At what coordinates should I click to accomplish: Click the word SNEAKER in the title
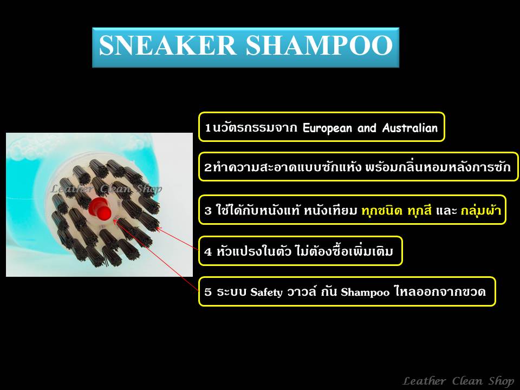pyautogui.click(x=167, y=45)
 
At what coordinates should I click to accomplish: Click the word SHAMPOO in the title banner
pyautogui.click(x=320, y=45)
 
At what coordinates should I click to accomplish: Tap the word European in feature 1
pyautogui.click(x=327, y=128)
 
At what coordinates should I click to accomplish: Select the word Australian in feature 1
pyautogui.click(x=410, y=128)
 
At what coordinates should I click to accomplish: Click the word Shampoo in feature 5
pyautogui.click(x=365, y=292)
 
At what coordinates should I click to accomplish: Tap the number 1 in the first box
pyautogui.click(x=208, y=128)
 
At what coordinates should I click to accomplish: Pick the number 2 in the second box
pyautogui.click(x=208, y=167)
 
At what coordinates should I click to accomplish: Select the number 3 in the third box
pyautogui.click(x=208, y=211)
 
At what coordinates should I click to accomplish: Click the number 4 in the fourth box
pyautogui.click(x=208, y=252)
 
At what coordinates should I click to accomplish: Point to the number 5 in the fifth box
pyautogui.click(x=208, y=292)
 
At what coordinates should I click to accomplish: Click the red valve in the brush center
pyautogui.click(x=100, y=208)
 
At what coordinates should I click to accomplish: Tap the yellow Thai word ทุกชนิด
pyautogui.click(x=382, y=210)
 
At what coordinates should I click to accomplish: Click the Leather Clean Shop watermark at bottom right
pyautogui.click(x=459, y=381)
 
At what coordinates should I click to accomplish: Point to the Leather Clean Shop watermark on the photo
pyautogui.click(x=106, y=189)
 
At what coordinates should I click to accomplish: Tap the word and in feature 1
pyautogui.click(x=367, y=128)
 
